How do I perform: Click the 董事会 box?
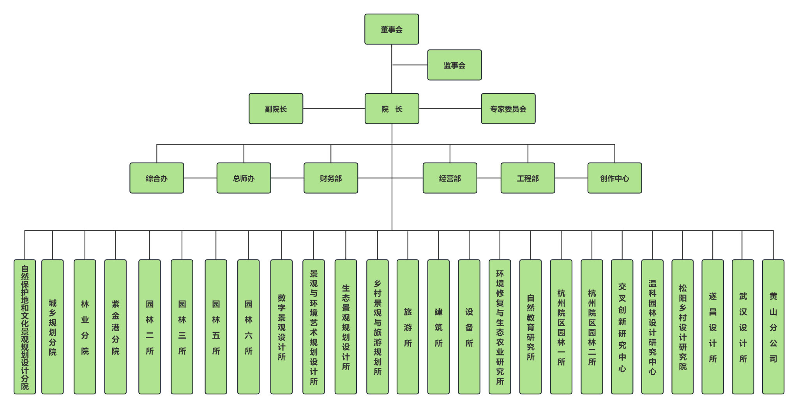[x=392, y=29]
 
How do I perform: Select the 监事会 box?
[x=454, y=65]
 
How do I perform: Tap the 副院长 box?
[x=276, y=109]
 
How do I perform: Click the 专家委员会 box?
[x=508, y=109]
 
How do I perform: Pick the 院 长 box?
[x=392, y=109]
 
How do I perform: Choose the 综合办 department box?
[x=157, y=178]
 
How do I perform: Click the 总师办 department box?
[x=244, y=178]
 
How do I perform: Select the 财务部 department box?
[x=331, y=178]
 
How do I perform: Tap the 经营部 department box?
[x=450, y=178]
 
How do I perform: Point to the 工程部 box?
[x=528, y=178]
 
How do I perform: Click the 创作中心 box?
[x=614, y=178]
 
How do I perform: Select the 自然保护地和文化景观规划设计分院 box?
[x=25, y=327]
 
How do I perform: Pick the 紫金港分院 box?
[x=115, y=327]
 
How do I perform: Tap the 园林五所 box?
[x=216, y=327]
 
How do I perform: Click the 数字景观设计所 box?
[x=281, y=327]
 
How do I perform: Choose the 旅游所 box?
[x=408, y=327]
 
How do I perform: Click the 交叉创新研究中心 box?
[x=622, y=327]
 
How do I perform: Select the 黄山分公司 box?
[x=773, y=327]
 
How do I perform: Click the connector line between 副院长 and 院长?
[x=334, y=109]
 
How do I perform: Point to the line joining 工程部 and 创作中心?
[x=571, y=178]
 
